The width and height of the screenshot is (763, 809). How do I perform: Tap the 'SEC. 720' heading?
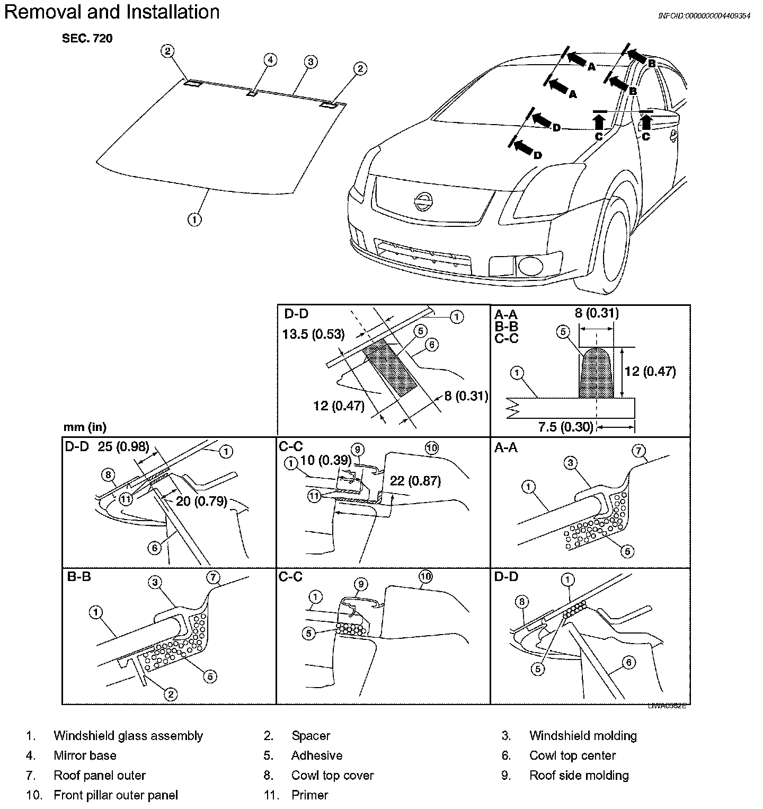point(87,39)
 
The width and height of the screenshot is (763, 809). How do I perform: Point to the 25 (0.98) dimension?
point(123,447)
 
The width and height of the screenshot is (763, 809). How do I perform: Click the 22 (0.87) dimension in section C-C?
point(415,481)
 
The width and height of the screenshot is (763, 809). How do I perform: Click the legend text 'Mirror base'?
point(85,755)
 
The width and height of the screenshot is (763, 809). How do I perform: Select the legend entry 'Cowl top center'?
point(572,755)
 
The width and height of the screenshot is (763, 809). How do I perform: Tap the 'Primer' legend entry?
point(310,795)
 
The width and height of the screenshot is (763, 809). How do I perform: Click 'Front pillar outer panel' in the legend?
point(116,795)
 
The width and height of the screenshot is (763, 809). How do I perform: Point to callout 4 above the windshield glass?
point(270,60)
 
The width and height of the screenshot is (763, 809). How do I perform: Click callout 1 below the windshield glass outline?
point(194,218)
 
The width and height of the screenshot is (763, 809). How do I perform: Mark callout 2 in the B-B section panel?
point(171,693)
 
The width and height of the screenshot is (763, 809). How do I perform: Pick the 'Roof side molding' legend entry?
point(579,775)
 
